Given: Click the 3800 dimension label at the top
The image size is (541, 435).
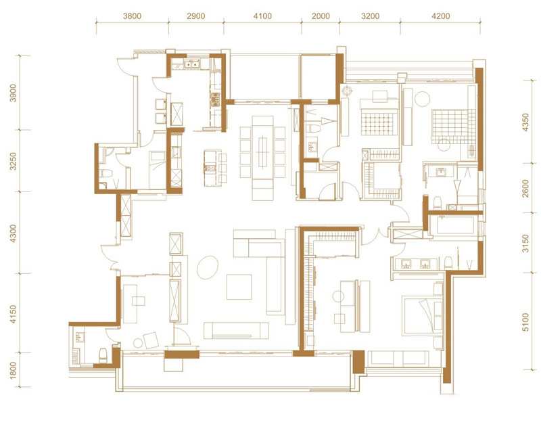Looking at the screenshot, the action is [x=132, y=16].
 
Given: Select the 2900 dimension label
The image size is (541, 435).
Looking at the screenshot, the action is [x=196, y=16].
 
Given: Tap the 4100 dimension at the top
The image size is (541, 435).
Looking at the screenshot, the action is [x=262, y=16].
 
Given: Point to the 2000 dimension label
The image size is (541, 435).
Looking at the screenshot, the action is [x=321, y=16].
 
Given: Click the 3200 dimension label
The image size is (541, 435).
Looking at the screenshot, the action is [x=370, y=16].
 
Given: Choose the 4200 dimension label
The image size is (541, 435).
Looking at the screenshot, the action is [x=441, y=16].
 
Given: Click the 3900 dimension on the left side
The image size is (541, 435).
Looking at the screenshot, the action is [x=13, y=93].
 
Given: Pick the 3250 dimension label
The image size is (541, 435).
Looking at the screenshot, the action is [x=13, y=161].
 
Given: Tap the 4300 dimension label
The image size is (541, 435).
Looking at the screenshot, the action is [x=13, y=233].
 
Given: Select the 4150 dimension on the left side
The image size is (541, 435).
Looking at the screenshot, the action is [x=13, y=314].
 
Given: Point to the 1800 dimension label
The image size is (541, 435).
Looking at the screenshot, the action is [x=13, y=370].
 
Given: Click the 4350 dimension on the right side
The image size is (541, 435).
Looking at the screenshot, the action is [x=525, y=122].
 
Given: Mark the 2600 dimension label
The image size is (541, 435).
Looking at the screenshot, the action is [x=525, y=188].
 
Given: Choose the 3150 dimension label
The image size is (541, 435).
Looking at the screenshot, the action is [x=525, y=243].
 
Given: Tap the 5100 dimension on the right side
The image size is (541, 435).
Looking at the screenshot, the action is [x=525, y=322].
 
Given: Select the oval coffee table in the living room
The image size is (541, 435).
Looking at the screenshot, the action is [x=208, y=267].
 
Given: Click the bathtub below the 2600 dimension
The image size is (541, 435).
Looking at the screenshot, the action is [x=454, y=225].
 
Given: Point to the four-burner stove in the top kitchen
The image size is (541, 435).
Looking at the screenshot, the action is [x=216, y=99].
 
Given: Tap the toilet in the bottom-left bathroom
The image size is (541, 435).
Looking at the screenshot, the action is [x=103, y=355].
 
